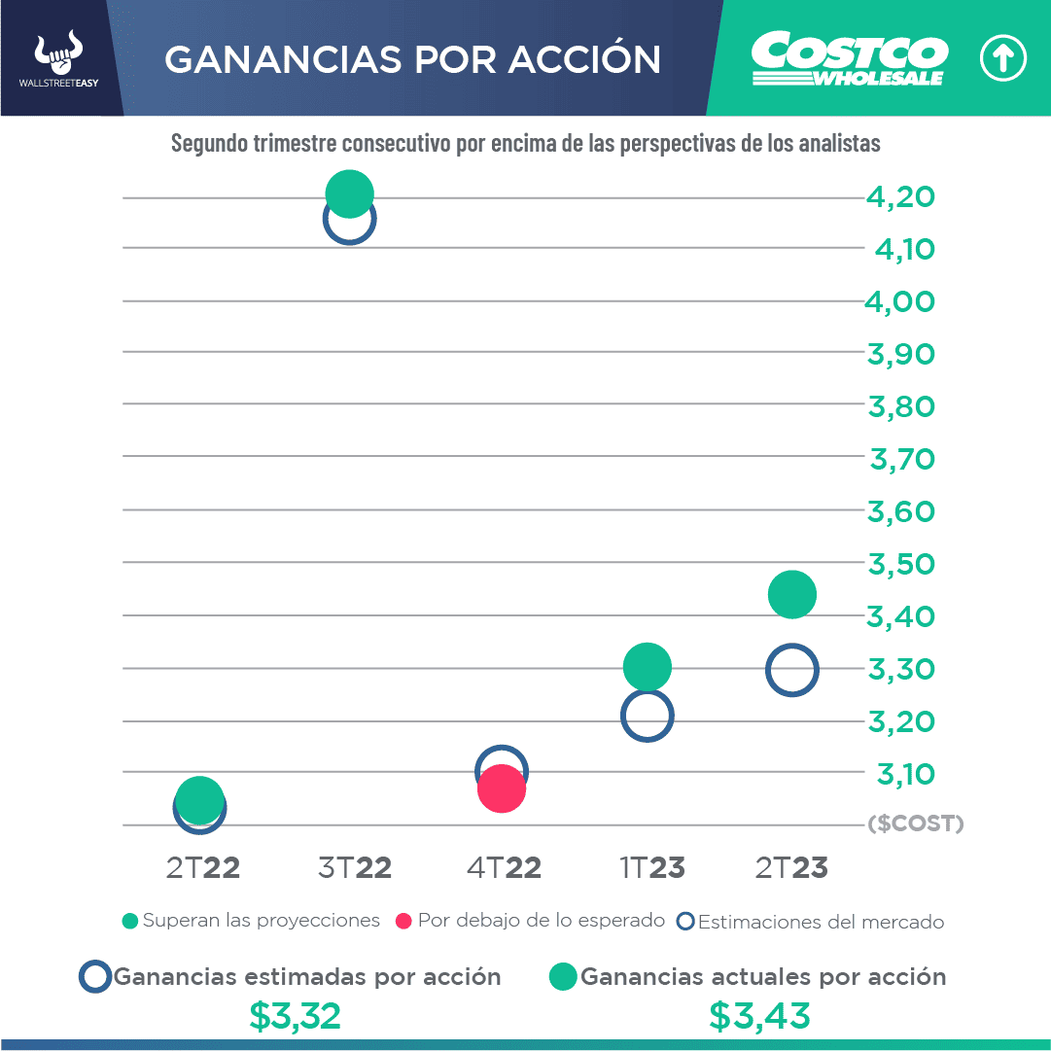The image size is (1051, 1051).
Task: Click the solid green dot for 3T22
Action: pyautogui.click(x=349, y=193)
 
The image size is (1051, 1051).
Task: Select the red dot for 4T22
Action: pyautogui.click(x=502, y=788)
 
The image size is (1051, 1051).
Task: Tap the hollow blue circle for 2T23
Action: pyautogui.click(x=792, y=670)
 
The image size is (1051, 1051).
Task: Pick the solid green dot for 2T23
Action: pyautogui.click(x=792, y=594)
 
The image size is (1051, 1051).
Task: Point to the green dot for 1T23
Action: pyautogui.click(x=647, y=666)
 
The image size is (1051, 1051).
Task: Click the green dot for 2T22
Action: pyautogui.click(x=199, y=799)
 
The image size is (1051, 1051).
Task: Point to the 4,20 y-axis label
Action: pyautogui.click(x=900, y=197)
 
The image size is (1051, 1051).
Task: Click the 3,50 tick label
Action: pyautogui.click(x=900, y=564)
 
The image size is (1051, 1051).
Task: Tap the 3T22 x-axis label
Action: pyautogui.click(x=355, y=867)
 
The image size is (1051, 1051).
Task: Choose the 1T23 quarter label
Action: pyautogui.click(x=651, y=867)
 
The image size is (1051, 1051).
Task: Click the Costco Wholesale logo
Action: pyautogui.click(x=849, y=59)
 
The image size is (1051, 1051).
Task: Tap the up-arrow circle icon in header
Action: pyautogui.click(x=1002, y=59)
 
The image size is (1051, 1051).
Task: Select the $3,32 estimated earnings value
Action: pyautogui.click(x=295, y=1016)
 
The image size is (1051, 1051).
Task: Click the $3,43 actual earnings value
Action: pyautogui.click(x=759, y=1016)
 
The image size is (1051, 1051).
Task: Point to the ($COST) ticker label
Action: pyautogui.click(x=915, y=824)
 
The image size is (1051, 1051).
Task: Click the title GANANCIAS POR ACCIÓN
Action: pyautogui.click(x=412, y=59)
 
